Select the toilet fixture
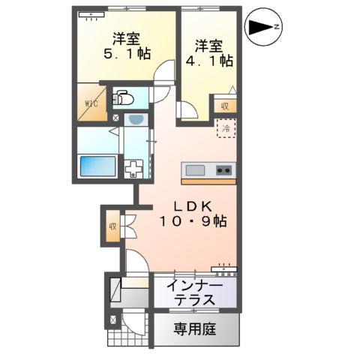pyautogui.click(x=123, y=97)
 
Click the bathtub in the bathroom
pyautogui.click(x=97, y=166)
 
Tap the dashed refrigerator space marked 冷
pyautogui.click(x=226, y=128)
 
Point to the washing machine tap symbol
pyautogui.click(x=135, y=169)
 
